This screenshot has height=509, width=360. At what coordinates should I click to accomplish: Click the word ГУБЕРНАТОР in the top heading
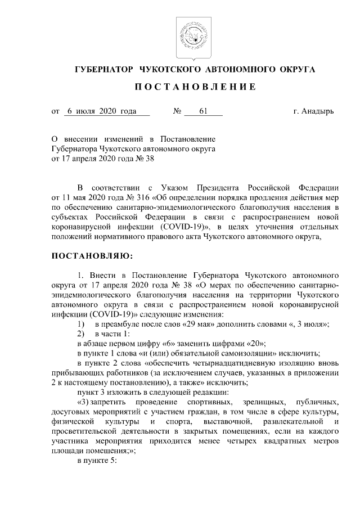(103, 69)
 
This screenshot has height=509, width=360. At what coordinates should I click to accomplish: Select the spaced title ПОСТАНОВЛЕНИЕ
(195, 87)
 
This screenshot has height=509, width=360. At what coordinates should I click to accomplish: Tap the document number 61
(203, 111)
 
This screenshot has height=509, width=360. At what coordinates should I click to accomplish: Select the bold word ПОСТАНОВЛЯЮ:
(92, 256)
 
